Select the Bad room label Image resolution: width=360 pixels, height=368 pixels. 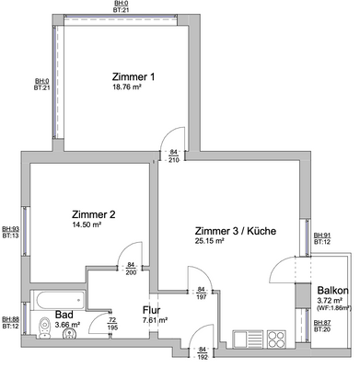click(65, 314)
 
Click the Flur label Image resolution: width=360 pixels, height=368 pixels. click(153, 310)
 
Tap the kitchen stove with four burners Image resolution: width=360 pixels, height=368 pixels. click(276, 338)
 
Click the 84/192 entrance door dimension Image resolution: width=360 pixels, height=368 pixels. click(203, 353)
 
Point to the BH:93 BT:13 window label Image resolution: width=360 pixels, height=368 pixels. click(10, 232)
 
